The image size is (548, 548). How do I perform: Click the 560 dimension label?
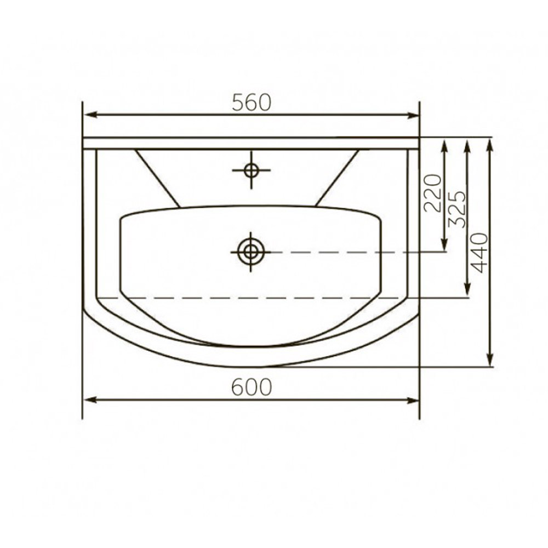[252, 102]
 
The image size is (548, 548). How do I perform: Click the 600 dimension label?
[252, 387]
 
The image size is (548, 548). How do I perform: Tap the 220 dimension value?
[433, 193]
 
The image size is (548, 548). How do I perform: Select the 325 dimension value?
[457, 209]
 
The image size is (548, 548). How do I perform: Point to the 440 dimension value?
[479, 252]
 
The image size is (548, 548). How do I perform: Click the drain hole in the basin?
[250, 252]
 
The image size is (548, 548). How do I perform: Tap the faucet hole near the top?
[252, 170]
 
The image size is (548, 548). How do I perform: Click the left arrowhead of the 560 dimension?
[90, 115]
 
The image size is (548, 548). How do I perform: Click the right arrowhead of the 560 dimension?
[413, 115]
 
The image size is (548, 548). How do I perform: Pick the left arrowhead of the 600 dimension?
[90, 400]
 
